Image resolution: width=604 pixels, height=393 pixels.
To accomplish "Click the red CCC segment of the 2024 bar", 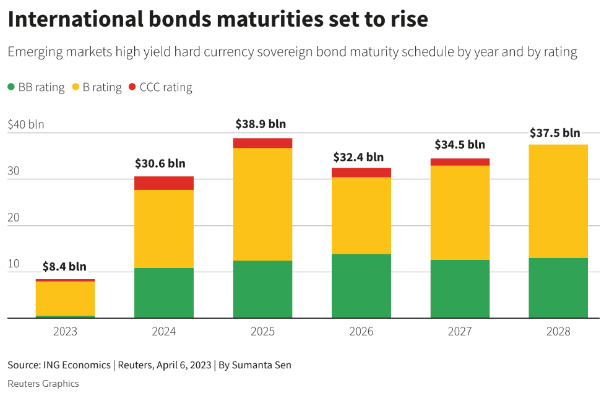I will tap(164, 183).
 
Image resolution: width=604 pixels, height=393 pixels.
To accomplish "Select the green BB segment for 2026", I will tap(361, 286).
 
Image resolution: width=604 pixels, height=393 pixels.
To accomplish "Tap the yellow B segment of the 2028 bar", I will tap(558, 201).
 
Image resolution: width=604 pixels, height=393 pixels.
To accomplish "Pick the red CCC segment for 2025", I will tap(262, 143).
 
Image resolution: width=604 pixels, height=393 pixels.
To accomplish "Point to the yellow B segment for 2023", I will tap(65, 298).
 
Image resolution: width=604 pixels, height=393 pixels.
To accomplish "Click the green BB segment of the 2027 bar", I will tap(460, 288).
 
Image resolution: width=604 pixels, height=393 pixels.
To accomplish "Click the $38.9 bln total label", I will tap(261, 124).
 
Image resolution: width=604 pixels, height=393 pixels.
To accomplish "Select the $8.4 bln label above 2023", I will tap(64, 267).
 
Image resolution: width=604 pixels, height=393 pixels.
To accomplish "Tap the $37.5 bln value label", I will tap(555, 133).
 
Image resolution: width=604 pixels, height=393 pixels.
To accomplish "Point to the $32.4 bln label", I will tap(358, 157).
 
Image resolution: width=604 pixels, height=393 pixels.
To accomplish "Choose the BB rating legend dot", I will tap(11, 87).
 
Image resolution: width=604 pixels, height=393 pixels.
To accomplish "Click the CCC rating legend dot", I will tap(132, 87).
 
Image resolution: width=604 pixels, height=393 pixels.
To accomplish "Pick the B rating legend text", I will tap(102, 87).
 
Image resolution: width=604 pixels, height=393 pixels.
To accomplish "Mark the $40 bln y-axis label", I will tap(26, 124).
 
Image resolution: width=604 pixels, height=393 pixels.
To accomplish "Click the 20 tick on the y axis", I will tap(14, 217).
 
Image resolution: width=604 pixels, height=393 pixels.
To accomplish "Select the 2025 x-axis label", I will tap(262, 332).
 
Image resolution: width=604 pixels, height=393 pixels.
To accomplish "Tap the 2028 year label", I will tap(558, 332).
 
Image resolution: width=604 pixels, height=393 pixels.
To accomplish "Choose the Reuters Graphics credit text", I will tap(43, 384).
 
